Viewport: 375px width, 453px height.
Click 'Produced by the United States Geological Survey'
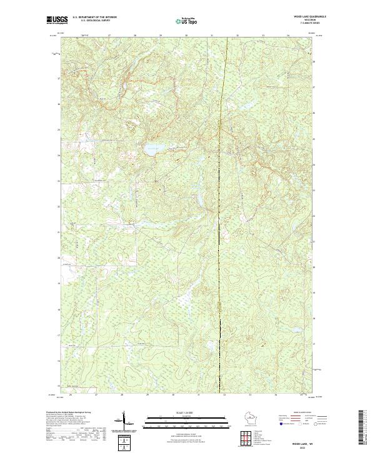69,413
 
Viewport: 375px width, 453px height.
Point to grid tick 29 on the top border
161,36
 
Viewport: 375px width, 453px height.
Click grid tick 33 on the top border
263,36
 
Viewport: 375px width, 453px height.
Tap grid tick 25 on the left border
59,130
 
